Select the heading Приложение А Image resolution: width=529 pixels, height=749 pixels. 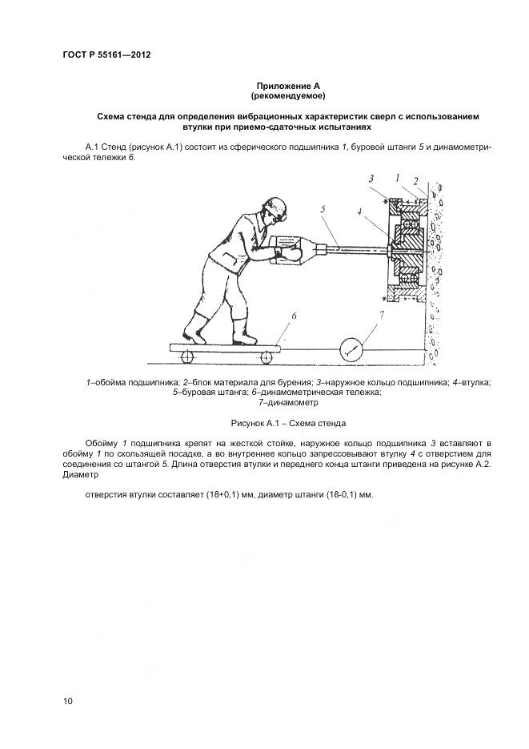pos(288,86)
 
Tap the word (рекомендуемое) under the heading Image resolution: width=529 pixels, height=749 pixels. pos(288,96)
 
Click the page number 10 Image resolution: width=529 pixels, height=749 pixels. pos(68,702)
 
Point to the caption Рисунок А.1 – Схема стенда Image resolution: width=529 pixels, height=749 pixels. pos(288,422)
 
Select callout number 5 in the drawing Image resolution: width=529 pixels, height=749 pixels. pos(323,210)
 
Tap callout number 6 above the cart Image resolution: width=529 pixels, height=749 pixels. pos(294,316)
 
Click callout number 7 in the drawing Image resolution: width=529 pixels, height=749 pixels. pos(381,316)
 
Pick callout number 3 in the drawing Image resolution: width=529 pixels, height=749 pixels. pos(371,177)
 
